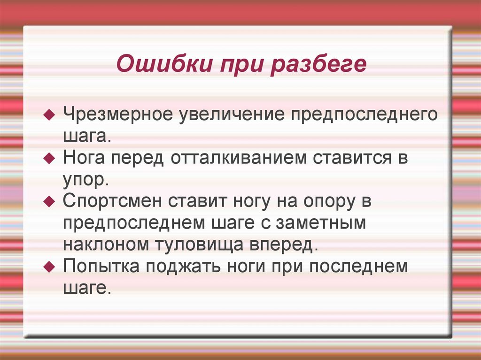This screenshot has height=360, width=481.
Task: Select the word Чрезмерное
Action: pos(117,115)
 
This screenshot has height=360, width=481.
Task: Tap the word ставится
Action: pos(348,158)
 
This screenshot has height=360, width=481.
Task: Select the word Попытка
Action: pos(103,266)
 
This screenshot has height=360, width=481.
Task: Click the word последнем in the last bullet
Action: pos(361,266)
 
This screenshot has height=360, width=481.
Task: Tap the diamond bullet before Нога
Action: pos(48,159)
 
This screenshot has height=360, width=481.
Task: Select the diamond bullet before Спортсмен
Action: pos(48,202)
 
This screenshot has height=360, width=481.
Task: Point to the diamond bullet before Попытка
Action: pos(48,266)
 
